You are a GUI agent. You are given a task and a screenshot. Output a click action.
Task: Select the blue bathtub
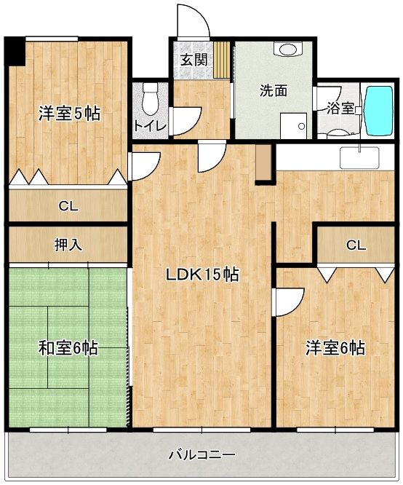(x=378, y=111)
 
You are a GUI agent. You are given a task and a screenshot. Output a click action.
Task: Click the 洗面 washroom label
(x=274, y=90)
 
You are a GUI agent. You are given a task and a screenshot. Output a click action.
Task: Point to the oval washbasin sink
(x=288, y=49)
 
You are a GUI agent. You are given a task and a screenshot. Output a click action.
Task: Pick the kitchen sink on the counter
(x=359, y=158)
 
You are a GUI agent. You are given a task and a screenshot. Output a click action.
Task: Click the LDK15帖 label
(x=202, y=274)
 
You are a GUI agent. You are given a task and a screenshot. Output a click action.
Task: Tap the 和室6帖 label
(x=68, y=348)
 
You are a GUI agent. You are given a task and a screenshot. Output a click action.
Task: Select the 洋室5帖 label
(x=69, y=113)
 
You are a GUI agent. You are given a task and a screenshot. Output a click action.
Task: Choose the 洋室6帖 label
(x=335, y=348)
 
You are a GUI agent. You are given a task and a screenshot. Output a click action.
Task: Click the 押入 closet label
(x=68, y=245)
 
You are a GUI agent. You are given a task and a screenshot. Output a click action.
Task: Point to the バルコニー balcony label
(x=201, y=454)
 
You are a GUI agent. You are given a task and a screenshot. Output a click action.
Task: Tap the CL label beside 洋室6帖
(x=356, y=245)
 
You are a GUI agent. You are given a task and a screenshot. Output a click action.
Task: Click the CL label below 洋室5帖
(x=68, y=206)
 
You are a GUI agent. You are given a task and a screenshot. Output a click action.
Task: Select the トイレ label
(x=150, y=126)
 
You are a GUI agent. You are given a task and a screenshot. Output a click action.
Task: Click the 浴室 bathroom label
(x=340, y=109)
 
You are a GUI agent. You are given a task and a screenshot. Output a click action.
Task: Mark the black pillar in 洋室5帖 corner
(x=15, y=52)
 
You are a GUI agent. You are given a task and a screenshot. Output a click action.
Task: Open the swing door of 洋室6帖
(x=288, y=302)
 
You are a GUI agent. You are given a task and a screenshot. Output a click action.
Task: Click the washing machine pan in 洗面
(x=294, y=126)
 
